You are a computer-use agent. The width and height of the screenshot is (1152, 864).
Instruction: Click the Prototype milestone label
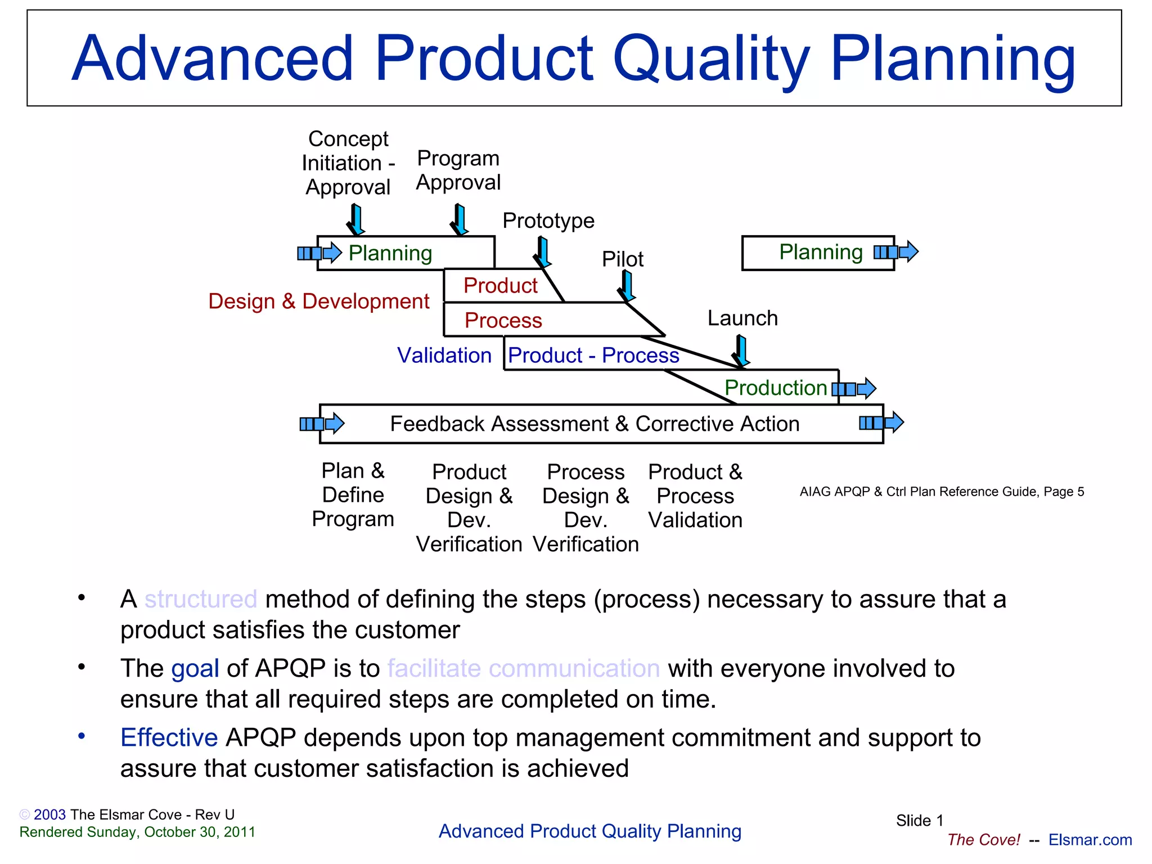548,220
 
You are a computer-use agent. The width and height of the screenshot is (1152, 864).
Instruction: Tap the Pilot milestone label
622,259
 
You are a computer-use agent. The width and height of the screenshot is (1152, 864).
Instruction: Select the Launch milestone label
742,318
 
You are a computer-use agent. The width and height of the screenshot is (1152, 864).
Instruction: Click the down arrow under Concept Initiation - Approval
356,220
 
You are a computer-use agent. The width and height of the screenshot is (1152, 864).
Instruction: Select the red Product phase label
500,286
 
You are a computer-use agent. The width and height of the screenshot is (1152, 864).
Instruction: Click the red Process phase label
503,321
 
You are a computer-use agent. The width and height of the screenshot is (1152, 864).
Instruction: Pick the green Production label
775,388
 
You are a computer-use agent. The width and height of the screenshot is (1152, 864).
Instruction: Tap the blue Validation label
444,355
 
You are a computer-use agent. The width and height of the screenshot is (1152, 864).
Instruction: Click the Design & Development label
318,301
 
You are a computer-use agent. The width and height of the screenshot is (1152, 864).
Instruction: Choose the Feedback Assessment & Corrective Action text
595,424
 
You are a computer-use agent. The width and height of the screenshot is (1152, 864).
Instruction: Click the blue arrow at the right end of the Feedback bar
881,422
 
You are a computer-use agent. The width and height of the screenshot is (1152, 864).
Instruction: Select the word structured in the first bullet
200,599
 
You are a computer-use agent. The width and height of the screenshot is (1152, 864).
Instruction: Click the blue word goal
195,668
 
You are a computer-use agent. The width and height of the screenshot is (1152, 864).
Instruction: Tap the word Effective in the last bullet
169,737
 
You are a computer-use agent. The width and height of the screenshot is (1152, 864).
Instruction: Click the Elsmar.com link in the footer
1090,840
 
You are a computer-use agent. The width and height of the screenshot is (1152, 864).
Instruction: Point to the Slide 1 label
919,821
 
